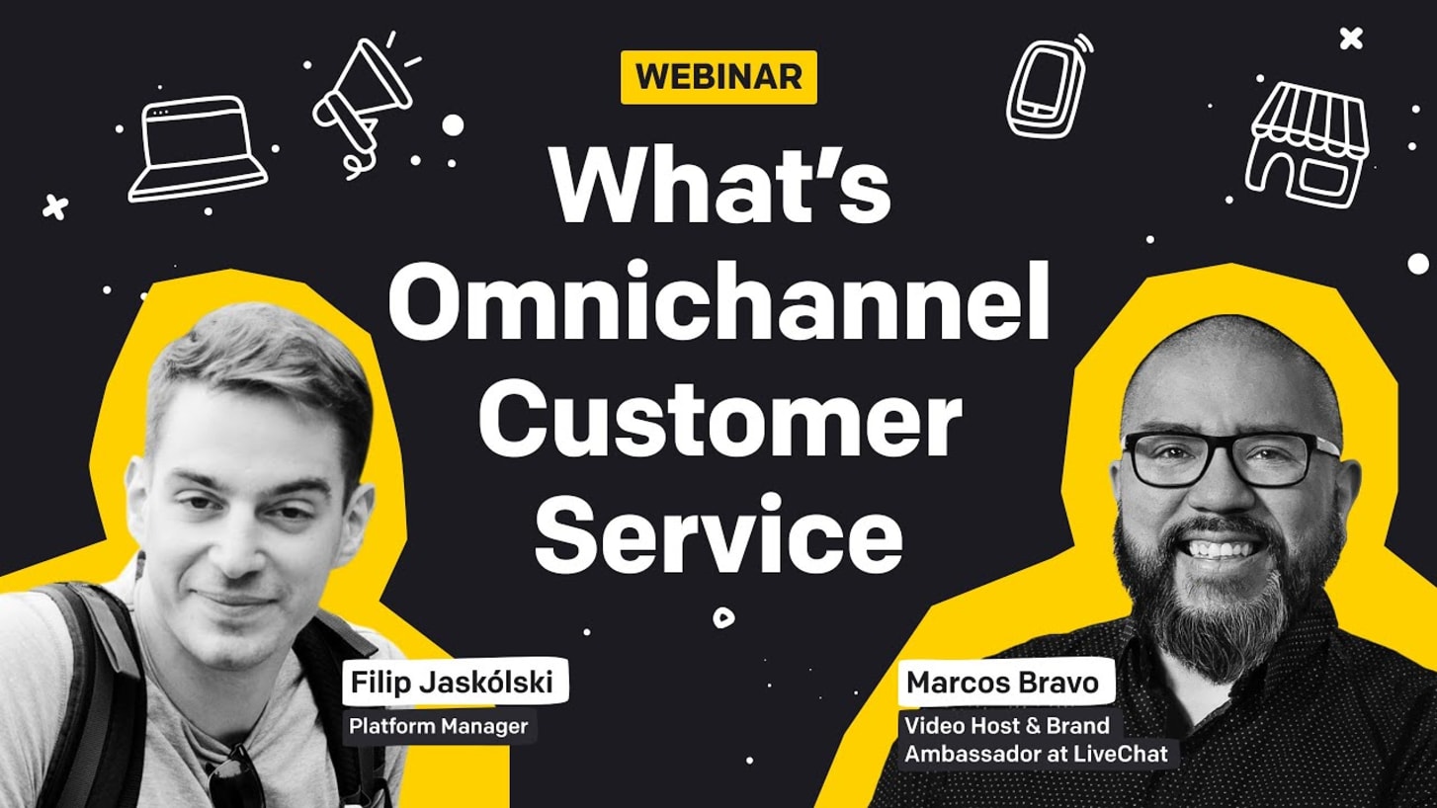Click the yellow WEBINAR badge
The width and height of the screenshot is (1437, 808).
[718, 77]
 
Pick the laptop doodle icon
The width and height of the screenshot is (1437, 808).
[198, 149]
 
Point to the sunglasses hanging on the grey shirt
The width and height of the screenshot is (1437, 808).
[237, 775]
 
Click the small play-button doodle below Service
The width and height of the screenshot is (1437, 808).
[723, 617]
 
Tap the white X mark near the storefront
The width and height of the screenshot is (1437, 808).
[1351, 39]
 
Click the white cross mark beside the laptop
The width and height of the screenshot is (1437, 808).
[55, 206]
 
